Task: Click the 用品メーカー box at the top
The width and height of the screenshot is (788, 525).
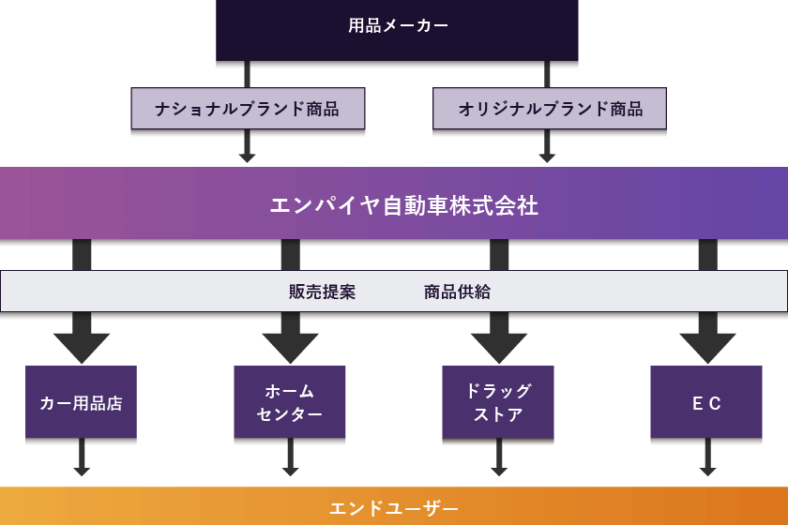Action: [x=398, y=27]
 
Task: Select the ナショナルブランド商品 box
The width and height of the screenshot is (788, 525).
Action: [x=248, y=109]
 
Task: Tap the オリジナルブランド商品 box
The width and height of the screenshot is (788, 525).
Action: [x=550, y=109]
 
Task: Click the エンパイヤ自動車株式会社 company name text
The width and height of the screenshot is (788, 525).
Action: [x=404, y=205]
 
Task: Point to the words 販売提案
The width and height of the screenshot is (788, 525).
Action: [x=323, y=292]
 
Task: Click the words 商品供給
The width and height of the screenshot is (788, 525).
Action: [x=457, y=292]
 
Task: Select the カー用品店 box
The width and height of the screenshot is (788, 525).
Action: [x=82, y=403]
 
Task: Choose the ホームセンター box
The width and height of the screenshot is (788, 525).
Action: [x=290, y=403]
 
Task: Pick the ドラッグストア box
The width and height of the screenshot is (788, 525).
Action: [x=498, y=403]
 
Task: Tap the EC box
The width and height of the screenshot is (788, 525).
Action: [x=706, y=403]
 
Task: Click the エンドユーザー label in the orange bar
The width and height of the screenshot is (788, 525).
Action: [x=394, y=508]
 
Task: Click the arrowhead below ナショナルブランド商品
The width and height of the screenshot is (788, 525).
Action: [x=248, y=156]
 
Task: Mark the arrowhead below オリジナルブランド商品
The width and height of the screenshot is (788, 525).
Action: [x=548, y=156]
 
